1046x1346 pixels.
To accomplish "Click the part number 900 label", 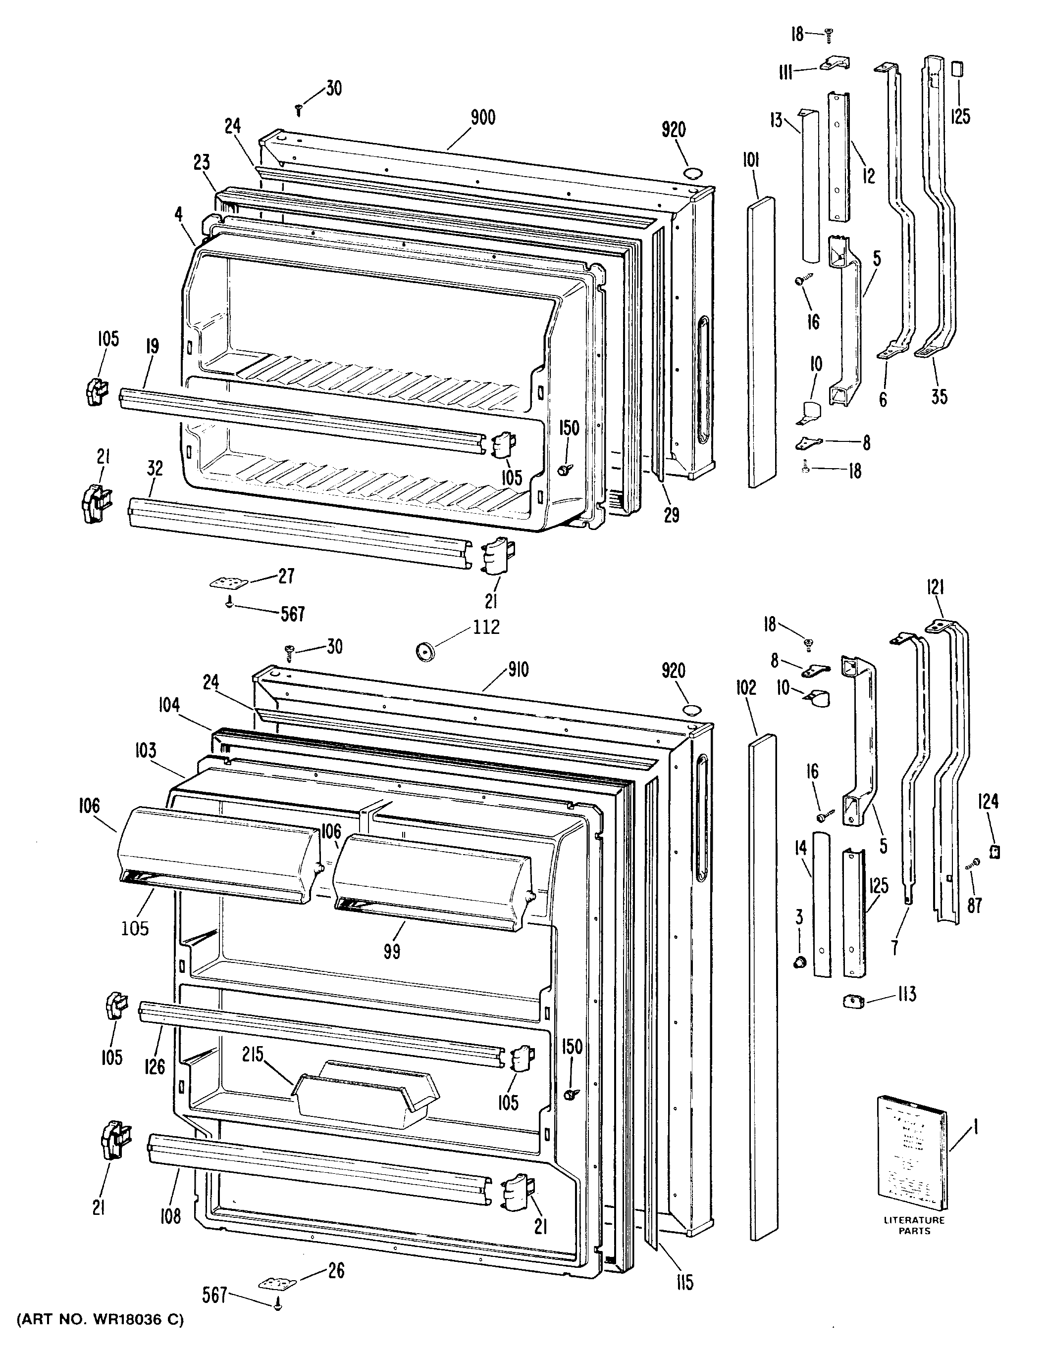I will click(x=483, y=118).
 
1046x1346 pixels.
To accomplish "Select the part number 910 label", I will click(x=518, y=670).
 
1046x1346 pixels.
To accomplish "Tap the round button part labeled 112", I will click(x=424, y=650).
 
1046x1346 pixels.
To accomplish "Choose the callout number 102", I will click(x=746, y=687).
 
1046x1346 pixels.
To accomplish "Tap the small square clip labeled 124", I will click(x=994, y=852).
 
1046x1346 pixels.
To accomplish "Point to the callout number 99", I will click(x=391, y=952).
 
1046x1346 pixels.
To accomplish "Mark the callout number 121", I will click(x=936, y=588).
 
